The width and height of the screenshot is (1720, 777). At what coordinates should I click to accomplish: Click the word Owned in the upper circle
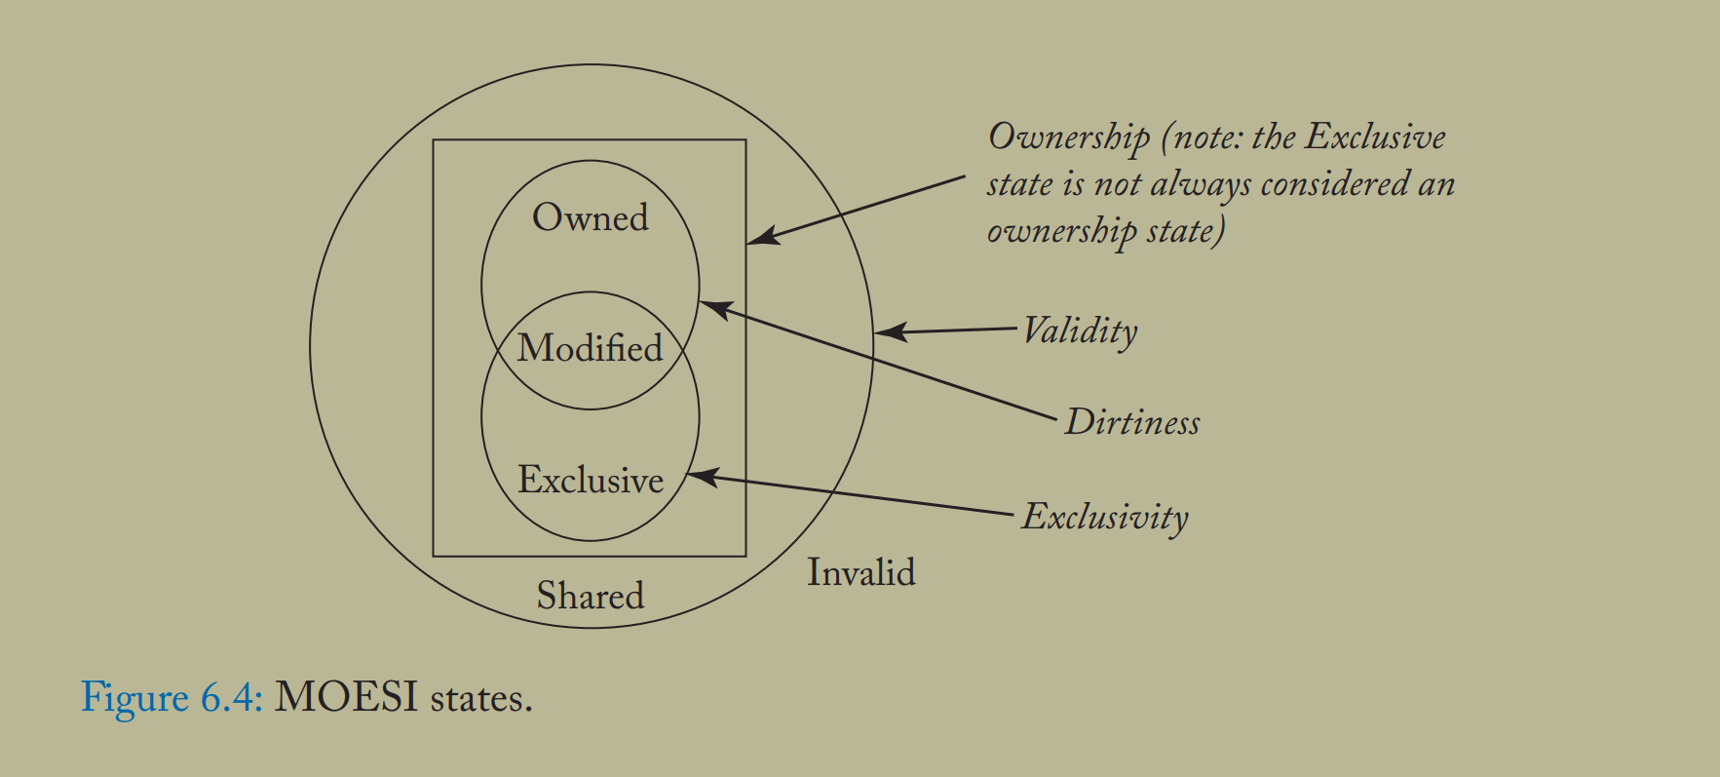click(590, 217)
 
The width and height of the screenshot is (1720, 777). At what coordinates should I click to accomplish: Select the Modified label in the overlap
click(590, 348)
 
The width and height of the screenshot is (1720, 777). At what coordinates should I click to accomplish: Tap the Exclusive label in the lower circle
click(590, 480)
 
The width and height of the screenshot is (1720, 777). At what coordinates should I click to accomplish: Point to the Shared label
click(590, 596)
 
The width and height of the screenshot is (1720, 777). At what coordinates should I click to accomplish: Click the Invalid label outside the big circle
click(860, 572)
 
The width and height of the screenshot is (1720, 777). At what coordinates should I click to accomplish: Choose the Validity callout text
click(1080, 331)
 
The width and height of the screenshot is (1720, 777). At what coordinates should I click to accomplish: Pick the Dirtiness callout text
click(1132, 422)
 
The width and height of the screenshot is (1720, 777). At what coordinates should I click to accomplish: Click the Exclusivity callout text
click(1105, 517)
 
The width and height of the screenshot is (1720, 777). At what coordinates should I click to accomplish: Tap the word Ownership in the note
click(1069, 138)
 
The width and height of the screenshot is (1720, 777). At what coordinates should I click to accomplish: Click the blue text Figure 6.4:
click(172, 698)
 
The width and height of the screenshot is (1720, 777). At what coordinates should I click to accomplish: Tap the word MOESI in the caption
click(346, 698)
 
